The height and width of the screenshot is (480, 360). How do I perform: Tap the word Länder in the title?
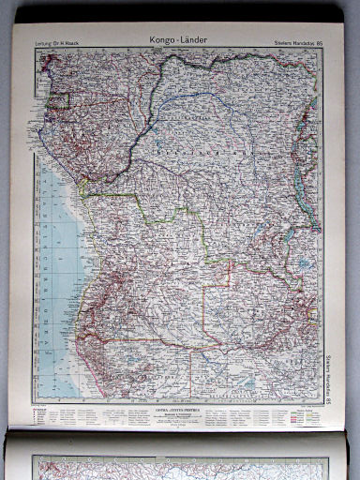tap(194, 39)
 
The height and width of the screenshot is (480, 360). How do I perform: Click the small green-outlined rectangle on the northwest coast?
tap(60, 100)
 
